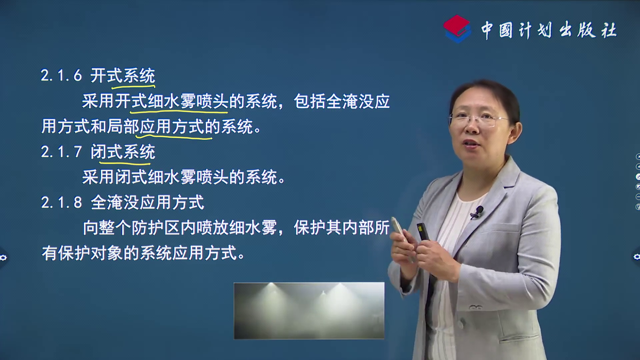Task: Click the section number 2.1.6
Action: pyautogui.click(x=61, y=76)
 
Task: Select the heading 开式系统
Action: pyautogui.click(x=123, y=76)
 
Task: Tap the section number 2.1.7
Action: pyautogui.click(x=61, y=152)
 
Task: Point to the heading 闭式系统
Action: pyautogui.click(x=123, y=152)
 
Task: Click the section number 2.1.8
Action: pyautogui.click(x=61, y=202)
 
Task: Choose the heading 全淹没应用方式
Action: pyautogui.click(x=147, y=202)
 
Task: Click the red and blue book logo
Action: pyautogui.click(x=457, y=29)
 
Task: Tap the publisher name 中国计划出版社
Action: pyautogui.click(x=549, y=30)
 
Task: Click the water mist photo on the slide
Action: pyautogui.click(x=309, y=311)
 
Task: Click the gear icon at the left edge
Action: pyautogui.click(x=3, y=258)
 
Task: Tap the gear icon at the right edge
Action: pyautogui.click(x=636, y=257)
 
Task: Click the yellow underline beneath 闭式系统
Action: pyautogui.click(x=125, y=163)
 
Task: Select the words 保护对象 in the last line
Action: pyautogui.click(x=90, y=253)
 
